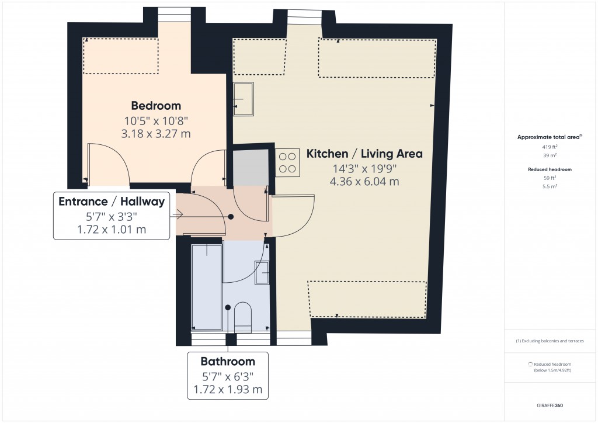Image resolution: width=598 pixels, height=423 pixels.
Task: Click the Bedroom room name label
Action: tap(156, 106)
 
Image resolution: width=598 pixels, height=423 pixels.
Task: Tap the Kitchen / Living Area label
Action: tap(364, 154)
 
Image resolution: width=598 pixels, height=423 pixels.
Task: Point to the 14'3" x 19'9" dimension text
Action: tap(364, 168)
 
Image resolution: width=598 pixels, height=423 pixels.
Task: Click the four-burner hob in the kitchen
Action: tap(287, 163)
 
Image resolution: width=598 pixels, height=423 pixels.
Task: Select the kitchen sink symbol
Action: tap(244, 99)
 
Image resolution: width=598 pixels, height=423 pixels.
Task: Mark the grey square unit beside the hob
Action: tap(251, 167)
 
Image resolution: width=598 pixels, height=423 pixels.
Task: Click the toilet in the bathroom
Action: tap(242, 316)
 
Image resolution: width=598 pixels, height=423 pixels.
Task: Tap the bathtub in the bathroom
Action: tap(207, 286)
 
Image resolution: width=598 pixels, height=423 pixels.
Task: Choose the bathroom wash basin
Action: tap(261, 272)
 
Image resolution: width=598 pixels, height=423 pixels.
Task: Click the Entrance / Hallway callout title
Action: tap(111, 202)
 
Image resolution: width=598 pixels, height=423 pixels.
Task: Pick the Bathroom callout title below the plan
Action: tap(228, 361)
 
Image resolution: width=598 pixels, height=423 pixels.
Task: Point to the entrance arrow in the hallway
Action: tap(178, 215)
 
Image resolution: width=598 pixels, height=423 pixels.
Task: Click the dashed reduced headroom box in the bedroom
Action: tap(121, 56)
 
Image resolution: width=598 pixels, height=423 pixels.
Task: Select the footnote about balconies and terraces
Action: tap(550, 341)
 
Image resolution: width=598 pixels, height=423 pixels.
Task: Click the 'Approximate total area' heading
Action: tap(549, 137)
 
